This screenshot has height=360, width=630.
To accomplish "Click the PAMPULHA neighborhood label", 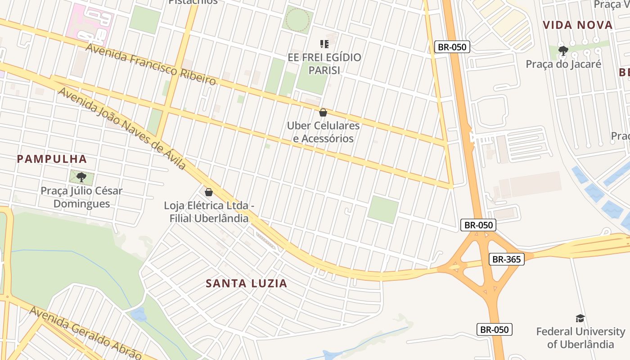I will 52,159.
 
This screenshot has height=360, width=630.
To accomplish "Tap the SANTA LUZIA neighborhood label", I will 246,283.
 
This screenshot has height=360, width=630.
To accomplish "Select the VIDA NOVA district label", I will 578,25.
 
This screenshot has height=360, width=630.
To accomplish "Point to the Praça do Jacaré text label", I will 563,64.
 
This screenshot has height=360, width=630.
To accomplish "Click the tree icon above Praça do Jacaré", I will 563,50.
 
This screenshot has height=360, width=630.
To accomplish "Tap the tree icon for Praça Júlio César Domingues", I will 81,177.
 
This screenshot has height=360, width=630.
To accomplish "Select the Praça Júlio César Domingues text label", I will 81,197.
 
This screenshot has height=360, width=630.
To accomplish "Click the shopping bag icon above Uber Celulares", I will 323,112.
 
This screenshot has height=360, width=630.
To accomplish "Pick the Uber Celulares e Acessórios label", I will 323,132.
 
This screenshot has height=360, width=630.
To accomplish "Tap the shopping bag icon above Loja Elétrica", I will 208,192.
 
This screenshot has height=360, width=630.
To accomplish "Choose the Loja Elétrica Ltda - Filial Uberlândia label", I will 209,212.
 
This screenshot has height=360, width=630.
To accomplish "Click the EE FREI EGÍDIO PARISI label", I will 324,64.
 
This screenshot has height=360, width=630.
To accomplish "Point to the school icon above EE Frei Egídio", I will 324,44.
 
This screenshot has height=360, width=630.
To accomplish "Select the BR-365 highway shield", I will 506,259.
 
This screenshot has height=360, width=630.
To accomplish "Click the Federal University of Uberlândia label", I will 580,338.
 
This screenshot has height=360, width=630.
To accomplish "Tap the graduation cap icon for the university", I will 580,319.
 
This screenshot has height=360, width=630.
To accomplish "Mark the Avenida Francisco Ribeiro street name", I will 150,64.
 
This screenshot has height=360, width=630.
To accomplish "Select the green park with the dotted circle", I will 297,19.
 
